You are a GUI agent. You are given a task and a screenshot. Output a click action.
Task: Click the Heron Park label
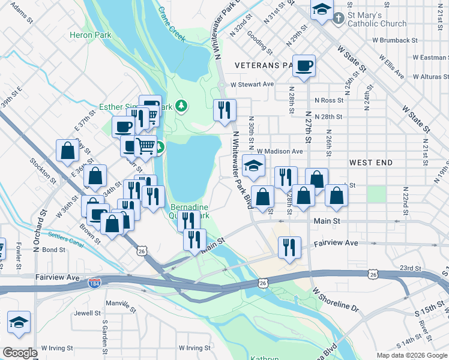90,35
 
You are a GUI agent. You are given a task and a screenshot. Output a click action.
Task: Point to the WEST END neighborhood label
371,163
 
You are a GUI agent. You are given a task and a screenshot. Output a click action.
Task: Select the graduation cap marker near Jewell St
19,322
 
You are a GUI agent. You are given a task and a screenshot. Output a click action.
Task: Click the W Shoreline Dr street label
334,298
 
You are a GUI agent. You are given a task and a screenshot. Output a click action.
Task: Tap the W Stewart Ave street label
252,85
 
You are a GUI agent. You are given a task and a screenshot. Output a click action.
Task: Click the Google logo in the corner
19,353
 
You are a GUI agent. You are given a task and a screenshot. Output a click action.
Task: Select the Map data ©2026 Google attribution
411,355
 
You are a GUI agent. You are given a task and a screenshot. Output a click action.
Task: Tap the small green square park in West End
376,194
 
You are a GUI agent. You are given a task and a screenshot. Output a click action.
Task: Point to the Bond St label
53,250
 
